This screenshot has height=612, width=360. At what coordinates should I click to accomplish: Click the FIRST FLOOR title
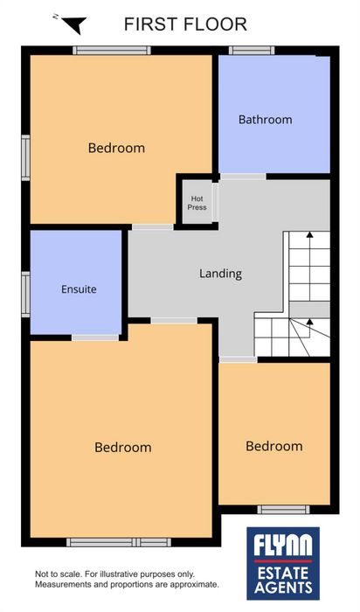185,24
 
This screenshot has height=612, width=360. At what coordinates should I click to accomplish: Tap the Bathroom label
266,120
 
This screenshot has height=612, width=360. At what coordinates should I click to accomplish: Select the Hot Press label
197,203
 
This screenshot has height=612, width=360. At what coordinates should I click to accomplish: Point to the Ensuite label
79,289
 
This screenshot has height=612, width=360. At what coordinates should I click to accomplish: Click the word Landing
220,274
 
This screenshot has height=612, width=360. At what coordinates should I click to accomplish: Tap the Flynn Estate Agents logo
283,563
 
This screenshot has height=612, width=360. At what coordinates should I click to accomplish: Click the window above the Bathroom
252,51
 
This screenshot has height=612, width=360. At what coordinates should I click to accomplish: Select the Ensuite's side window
25,294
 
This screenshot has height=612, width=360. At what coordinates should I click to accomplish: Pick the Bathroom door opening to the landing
243,177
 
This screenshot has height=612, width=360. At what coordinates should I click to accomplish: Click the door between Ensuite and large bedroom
95,337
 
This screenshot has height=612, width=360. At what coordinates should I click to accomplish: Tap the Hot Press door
215,202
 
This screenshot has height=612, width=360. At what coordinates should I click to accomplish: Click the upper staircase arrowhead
309,234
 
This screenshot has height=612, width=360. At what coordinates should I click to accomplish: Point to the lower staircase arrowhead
309,322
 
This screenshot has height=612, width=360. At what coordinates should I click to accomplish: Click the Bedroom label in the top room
116,148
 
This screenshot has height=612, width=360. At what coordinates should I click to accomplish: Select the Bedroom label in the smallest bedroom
274,446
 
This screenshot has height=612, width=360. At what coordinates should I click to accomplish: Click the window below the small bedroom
284,510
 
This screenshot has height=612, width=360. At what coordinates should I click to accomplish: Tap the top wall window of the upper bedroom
112,51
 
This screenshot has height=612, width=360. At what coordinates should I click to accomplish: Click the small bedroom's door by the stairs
238,359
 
